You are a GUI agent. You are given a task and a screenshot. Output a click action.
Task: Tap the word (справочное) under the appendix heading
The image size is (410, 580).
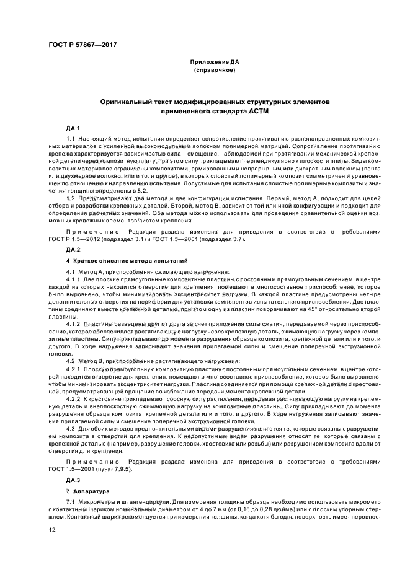point(215,71)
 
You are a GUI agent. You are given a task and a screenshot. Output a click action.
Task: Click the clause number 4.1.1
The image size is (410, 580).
point(73,280)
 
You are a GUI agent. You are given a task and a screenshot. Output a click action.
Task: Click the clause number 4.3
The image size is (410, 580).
point(70,429)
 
